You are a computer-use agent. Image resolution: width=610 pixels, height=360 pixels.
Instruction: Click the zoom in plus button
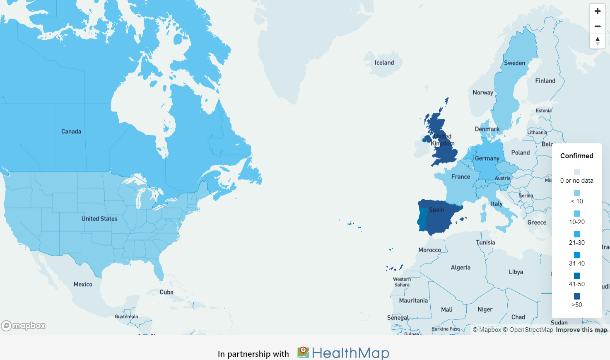tap(597, 11)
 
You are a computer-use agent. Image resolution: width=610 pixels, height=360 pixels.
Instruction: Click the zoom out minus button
tap(597, 26)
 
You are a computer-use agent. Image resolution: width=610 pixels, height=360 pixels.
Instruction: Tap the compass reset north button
tap(597, 41)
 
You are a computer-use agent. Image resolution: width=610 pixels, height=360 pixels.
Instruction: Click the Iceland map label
tap(384, 63)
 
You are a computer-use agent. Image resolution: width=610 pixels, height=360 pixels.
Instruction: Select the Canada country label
tap(71, 131)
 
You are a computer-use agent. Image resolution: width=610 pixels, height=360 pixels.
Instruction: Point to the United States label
tap(99, 218)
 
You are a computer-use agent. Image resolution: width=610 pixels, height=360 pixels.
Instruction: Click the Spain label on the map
tap(436, 210)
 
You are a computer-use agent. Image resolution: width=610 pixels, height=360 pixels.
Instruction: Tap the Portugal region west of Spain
tap(422, 220)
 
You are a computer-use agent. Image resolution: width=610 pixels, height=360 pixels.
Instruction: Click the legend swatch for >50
tap(577, 296)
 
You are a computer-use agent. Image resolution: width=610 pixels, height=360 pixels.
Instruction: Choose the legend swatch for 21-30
tap(577, 234)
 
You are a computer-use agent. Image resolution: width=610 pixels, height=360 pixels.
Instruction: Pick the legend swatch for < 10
tap(577, 193)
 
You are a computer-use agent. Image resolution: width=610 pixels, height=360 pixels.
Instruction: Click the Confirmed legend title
tap(576, 156)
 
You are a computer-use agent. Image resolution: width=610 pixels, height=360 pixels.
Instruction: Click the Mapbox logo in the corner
tap(24, 326)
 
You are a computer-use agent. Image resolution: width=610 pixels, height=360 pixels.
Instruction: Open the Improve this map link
tap(581, 330)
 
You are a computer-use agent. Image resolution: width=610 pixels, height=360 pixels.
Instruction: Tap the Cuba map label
tap(166, 292)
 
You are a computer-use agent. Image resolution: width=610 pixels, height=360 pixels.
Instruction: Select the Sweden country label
tap(514, 63)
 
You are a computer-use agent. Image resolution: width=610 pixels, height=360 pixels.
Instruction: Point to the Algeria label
tap(461, 267)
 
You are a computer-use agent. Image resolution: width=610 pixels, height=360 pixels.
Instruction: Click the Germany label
tap(487, 158)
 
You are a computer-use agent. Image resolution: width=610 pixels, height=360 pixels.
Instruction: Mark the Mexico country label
tap(83, 284)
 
